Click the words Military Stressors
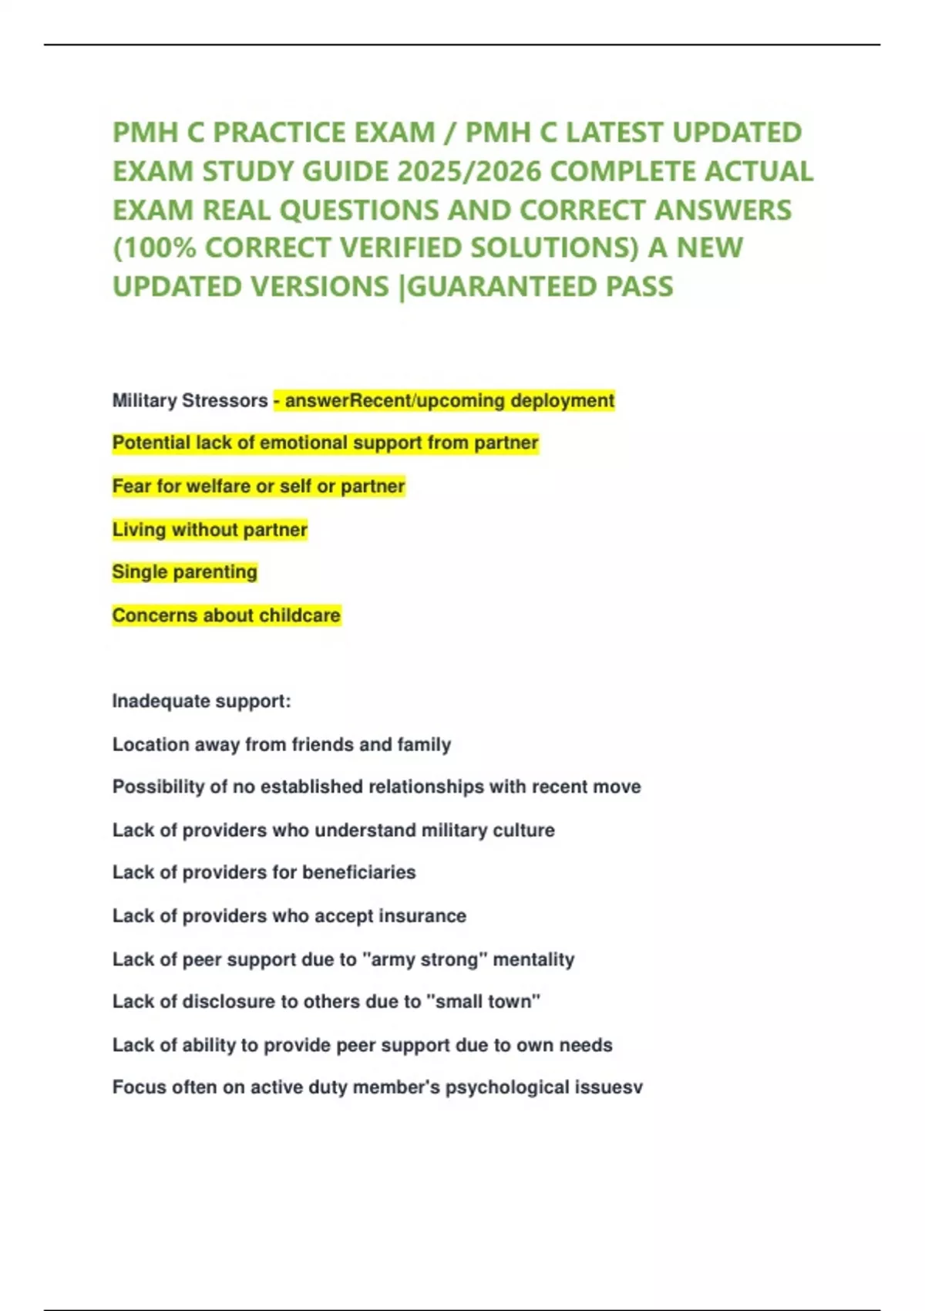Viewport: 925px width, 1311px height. click(190, 400)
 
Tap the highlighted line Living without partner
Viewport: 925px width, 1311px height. click(210, 529)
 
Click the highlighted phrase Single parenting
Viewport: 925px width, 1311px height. click(184, 571)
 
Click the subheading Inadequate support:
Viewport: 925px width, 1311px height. click(201, 700)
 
